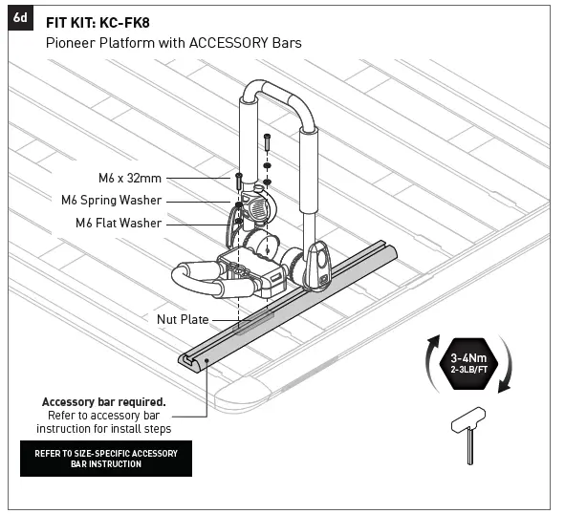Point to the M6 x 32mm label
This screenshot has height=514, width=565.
click(130, 178)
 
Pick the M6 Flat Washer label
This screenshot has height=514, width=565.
click(120, 224)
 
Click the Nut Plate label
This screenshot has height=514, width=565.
click(183, 319)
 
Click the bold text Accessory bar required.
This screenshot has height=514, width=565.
click(103, 401)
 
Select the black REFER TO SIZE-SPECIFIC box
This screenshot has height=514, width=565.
click(106, 458)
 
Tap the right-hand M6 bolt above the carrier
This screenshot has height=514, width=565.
click(267, 141)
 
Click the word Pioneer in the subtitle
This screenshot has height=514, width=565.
click(68, 43)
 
